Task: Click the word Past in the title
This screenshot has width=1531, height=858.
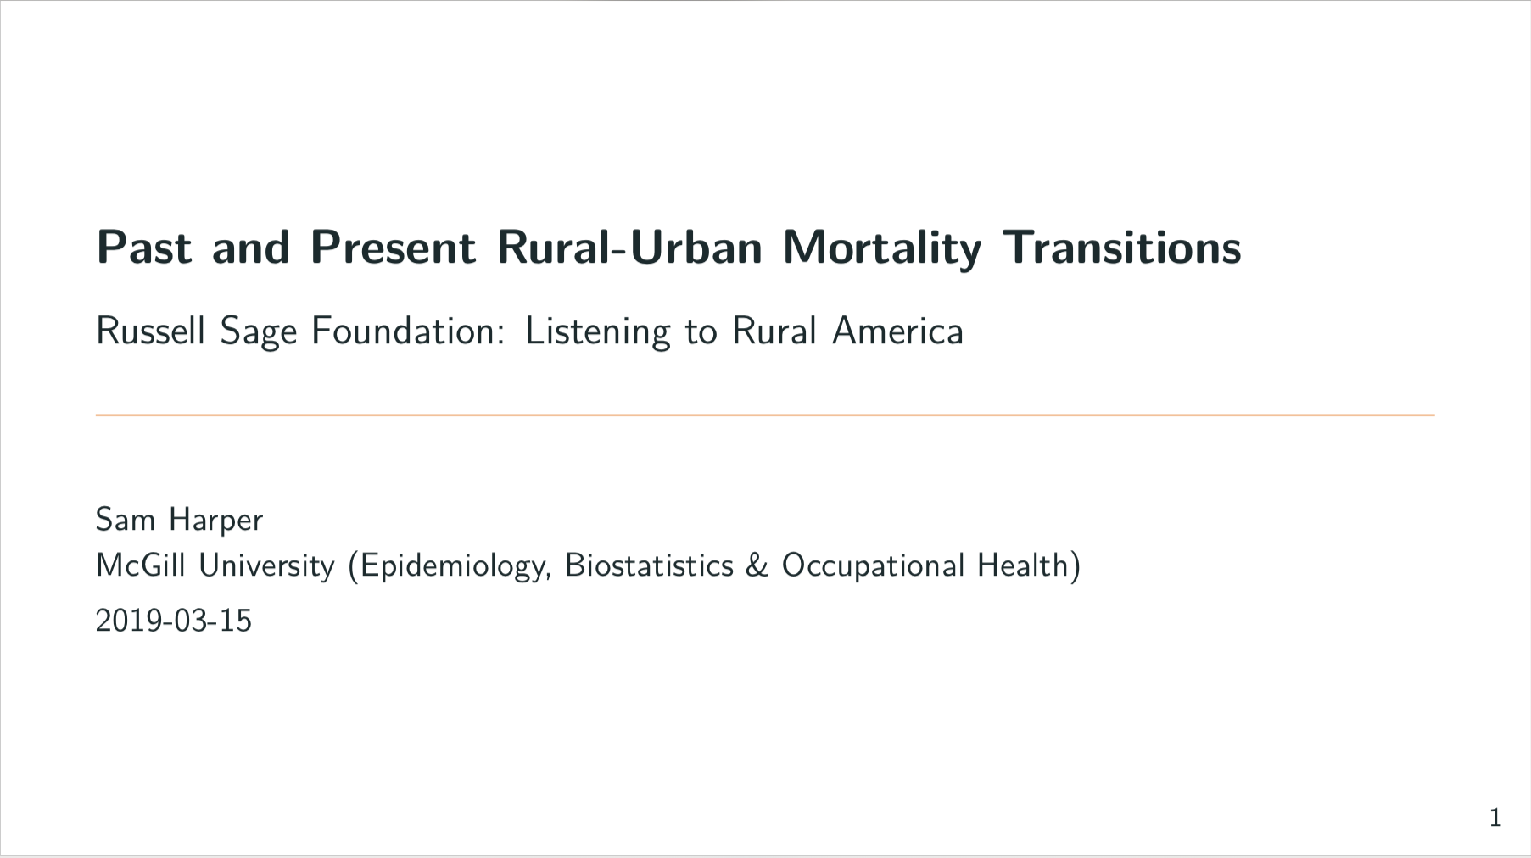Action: coord(144,248)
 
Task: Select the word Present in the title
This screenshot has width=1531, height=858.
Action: coord(393,248)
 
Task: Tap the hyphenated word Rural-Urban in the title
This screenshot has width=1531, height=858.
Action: coord(629,248)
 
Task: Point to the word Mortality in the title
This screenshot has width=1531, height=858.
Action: coord(882,249)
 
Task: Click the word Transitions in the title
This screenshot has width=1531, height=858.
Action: coord(1122,248)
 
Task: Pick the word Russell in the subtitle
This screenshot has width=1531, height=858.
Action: coord(151,331)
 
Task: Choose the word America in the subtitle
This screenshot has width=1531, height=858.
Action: coord(898,331)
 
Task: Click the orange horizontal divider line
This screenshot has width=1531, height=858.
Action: coord(765,415)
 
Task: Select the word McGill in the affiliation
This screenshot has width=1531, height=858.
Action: coord(141,565)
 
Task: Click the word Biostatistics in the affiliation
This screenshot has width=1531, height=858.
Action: coord(649,565)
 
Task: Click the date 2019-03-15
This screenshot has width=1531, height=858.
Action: coord(174,621)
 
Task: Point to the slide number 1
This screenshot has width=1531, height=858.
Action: coord(1495,817)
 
